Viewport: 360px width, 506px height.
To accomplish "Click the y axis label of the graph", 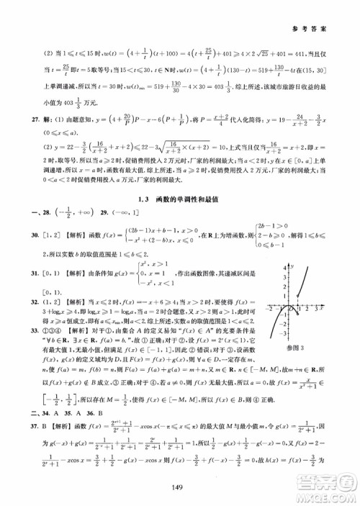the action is pyautogui.click(x=292, y=266).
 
